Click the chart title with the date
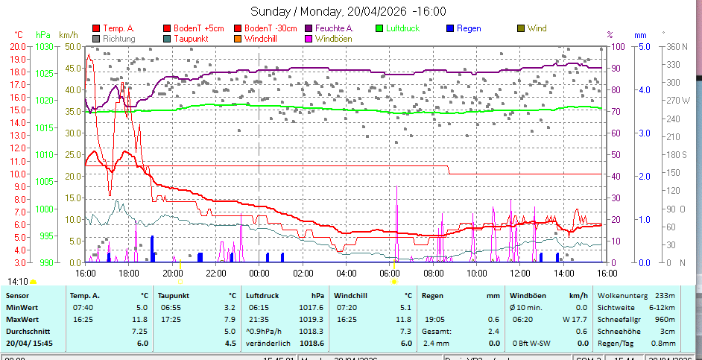pyautogui.click(x=349, y=11)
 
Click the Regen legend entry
pyautogui.click(x=468, y=28)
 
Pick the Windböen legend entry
pyautogui.click(x=334, y=37)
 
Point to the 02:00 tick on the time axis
pyautogui.click(x=303, y=274)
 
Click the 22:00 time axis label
pyautogui.click(x=216, y=274)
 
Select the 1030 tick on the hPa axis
pyautogui.click(x=43, y=47)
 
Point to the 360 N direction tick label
pyautogui.click(x=677, y=47)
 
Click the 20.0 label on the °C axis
pyautogui.click(x=18, y=47)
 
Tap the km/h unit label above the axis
pyautogui.click(x=68, y=35)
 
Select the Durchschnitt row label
pyautogui.click(x=28, y=331)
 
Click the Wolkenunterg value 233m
pyautogui.click(x=665, y=295)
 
